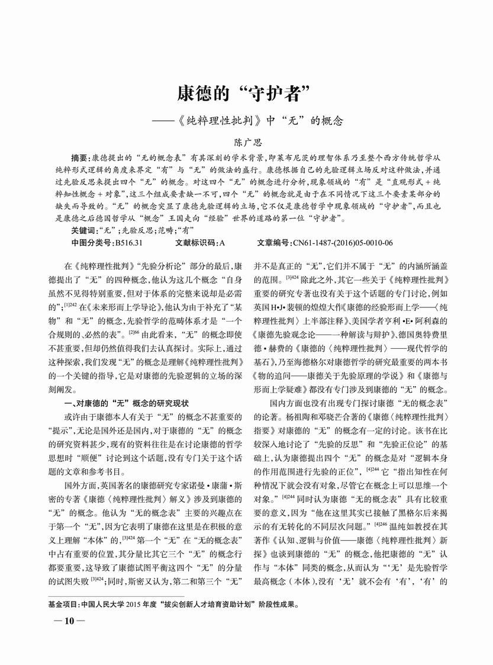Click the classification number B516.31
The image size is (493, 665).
129,243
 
